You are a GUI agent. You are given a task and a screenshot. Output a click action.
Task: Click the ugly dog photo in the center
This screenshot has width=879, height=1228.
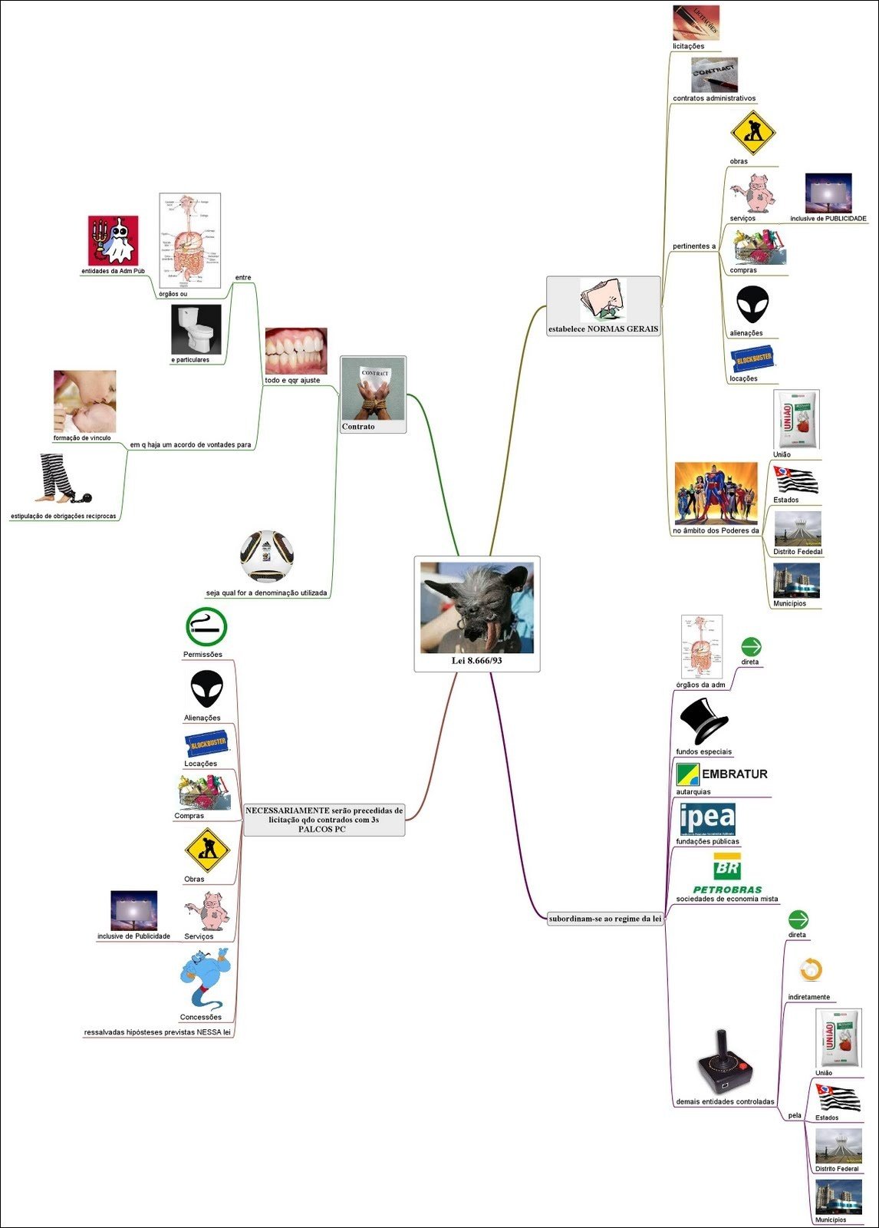(476, 608)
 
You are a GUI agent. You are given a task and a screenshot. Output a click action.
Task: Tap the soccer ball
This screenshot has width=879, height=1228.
(267, 556)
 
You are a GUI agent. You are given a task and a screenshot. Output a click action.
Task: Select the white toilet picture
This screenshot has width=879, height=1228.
(196, 329)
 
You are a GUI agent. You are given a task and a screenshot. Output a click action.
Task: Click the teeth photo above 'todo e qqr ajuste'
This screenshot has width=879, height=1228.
(296, 352)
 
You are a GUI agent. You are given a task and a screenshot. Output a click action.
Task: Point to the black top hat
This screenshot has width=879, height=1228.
(703, 721)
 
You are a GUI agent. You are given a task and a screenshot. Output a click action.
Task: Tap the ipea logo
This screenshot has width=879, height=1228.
(707, 819)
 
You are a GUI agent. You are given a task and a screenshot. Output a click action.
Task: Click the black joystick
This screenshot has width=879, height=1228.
(724, 1062)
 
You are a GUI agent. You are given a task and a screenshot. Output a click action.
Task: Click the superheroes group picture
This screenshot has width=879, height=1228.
(716, 494)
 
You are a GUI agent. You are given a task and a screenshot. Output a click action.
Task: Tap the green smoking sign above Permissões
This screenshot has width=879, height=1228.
(206, 627)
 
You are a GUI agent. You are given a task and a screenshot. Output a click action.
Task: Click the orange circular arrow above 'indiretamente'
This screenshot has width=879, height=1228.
(810, 970)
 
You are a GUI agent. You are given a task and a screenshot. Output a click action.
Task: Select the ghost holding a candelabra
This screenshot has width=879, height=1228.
(114, 240)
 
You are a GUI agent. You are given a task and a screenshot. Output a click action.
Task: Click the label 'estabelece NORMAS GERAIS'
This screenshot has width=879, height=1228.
(603, 329)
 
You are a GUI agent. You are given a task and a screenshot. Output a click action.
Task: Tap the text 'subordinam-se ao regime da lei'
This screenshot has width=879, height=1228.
(605, 919)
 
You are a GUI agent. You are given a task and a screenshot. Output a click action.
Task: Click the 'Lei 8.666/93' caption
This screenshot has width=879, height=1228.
(477, 661)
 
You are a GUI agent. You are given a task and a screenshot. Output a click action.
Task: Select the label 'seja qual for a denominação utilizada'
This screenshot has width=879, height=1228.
(266, 593)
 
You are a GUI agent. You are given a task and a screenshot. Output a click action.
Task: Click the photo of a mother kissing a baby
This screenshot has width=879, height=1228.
(84, 401)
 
